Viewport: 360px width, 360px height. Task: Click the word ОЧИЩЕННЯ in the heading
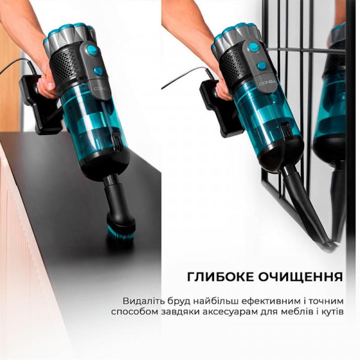pyautogui.click(x=299, y=277)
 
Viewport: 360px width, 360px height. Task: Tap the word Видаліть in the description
pyautogui.click(x=142, y=301)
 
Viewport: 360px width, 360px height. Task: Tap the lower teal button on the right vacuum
pyautogui.click(x=261, y=67)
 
